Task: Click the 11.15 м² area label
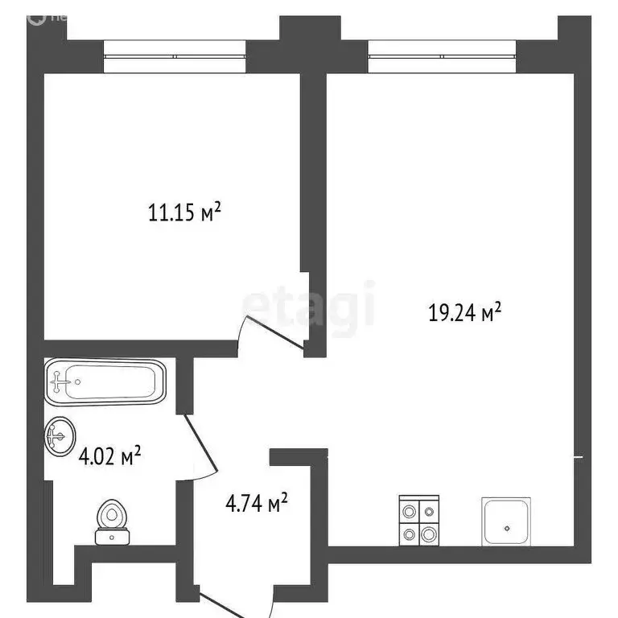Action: click(184, 214)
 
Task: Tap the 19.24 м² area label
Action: click(465, 313)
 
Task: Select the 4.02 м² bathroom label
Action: click(109, 459)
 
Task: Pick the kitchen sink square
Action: click(507, 521)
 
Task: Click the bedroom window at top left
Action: click(175, 57)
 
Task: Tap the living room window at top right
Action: click(442, 57)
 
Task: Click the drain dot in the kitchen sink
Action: click(507, 529)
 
